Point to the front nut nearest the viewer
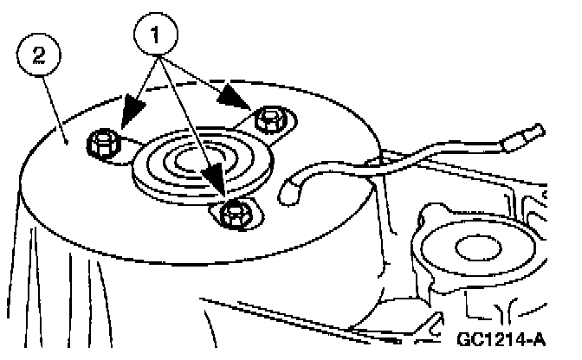tap(231, 211)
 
